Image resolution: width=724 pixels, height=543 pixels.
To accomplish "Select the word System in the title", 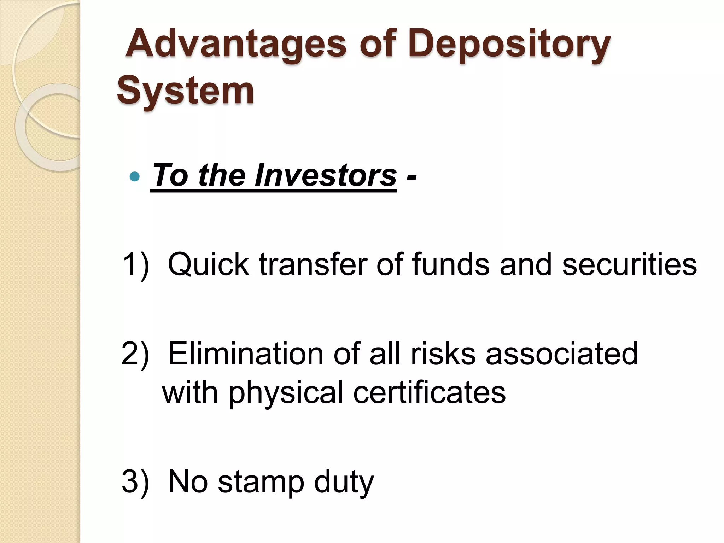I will pos(185,91).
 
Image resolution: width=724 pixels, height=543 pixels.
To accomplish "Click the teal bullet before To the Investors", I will pos(135,176).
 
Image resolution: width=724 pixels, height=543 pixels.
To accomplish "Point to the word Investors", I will pos(325,175).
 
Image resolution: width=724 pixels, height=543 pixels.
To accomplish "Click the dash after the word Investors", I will pos(411,176).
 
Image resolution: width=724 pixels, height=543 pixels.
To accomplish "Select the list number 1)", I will pos(135,264).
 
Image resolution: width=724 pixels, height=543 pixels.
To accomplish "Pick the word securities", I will pos(629,264).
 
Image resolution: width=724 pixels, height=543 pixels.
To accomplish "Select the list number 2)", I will pos(135,354).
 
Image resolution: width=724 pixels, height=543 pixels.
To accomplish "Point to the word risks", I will pos(442,354).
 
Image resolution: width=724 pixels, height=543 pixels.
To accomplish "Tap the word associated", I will pos(562,354).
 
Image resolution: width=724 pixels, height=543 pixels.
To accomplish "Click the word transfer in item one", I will pos(313,264).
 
